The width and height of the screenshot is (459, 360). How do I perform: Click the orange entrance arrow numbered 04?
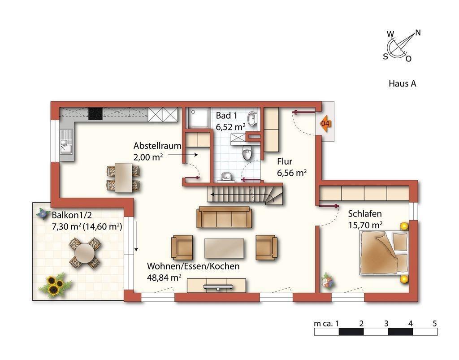pyautogui.click(x=325, y=124)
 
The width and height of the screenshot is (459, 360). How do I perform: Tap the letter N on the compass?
pyautogui.click(x=418, y=33)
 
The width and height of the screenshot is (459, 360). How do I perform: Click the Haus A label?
pyautogui.click(x=402, y=84)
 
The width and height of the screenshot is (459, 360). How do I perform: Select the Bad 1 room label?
pyautogui.click(x=226, y=116)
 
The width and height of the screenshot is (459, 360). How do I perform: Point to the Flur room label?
pyautogui.click(x=285, y=161)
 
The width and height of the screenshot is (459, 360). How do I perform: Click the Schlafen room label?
pyautogui.click(x=365, y=214)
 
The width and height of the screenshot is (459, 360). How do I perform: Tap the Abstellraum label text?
pyautogui.click(x=157, y=145)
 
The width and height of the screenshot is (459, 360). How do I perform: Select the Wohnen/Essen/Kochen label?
pyautogui.click(x=193, y=266)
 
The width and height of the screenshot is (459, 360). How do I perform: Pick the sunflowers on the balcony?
pyautogui.click(x=55, y=284)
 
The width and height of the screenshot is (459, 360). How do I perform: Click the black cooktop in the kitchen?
pyautogui.click(x=96, y=113)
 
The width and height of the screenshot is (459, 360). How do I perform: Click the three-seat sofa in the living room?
pyautogui.click(x=224, y=217)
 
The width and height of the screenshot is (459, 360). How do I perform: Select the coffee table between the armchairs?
pyautogui.click(x=224, y=248)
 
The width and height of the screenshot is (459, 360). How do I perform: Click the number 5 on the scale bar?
pyautogui.click(x=434, y=323)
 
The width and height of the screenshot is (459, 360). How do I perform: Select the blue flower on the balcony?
pyautogui.click(x=43, y=213)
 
